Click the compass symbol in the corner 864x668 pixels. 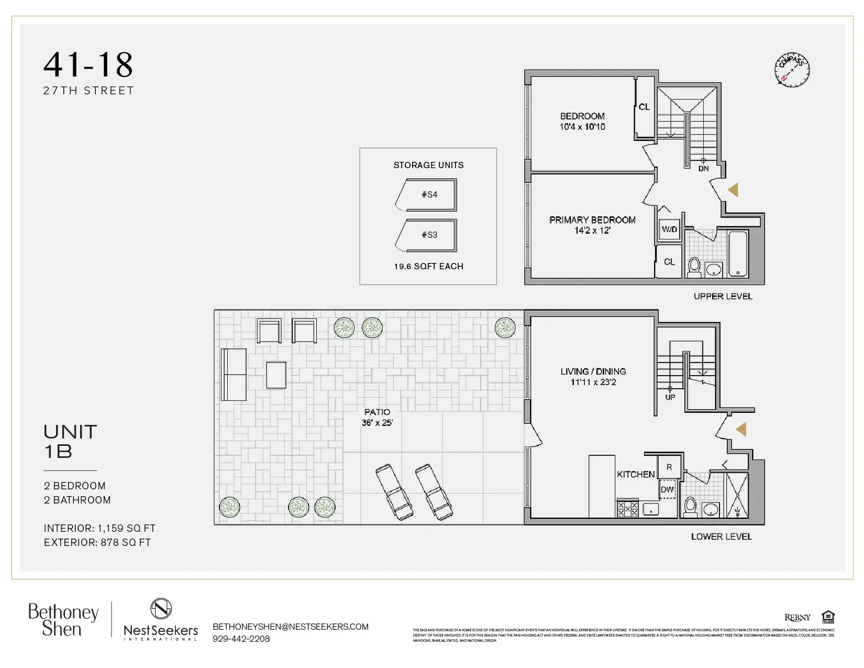792,69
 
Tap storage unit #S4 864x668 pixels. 429,194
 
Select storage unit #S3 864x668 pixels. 429,235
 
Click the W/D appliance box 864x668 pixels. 669,229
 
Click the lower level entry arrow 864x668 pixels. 741,430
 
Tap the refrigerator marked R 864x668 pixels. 669,467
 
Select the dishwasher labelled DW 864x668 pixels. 667,490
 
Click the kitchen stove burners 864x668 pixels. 627,509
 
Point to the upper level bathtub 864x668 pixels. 738,254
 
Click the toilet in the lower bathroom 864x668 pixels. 690,507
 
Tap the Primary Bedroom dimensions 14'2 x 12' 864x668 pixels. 592,231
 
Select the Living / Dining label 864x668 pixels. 593,371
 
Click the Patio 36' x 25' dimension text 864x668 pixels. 377,423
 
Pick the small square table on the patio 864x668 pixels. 276,375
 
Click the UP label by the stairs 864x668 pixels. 670,397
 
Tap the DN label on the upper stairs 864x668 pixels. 703,169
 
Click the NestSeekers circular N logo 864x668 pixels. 161,609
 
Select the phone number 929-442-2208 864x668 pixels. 241,639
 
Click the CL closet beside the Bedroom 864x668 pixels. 644,107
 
